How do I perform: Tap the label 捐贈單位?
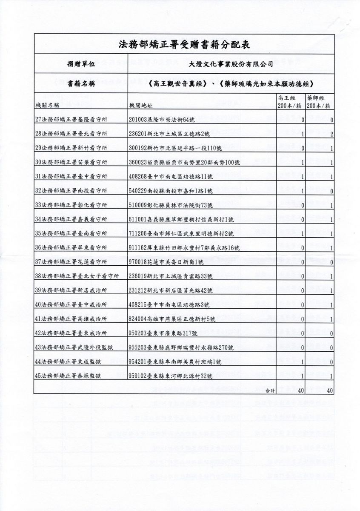click(79, 64)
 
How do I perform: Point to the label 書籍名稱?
click(79, 84)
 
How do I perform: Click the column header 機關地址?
click(140, 104)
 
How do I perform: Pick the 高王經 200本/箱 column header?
click(289, 101)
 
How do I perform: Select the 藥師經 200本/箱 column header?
click(320, 101)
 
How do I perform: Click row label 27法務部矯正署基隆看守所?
click(71, 120)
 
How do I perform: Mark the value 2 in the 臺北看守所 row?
click(331, 135)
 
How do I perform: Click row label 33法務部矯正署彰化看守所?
click(71, 205)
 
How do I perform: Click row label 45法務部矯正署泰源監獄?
click(68, 375)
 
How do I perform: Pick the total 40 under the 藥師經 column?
click(329, 389)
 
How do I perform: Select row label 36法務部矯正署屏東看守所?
click(71, 247)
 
